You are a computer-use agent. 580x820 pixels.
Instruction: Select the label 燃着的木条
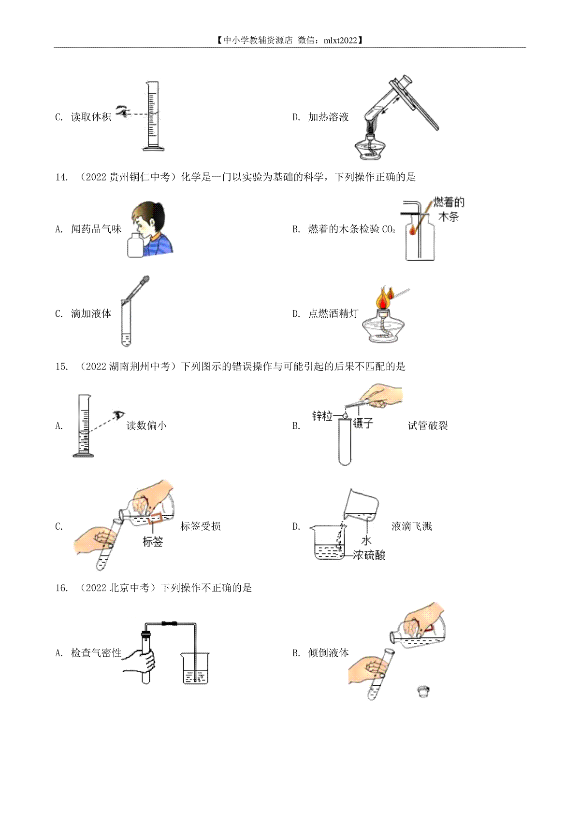coord(449,209)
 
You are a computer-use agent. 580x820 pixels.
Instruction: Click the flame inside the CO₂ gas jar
coord(413,229)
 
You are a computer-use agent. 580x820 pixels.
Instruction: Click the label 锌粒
coord(322,416)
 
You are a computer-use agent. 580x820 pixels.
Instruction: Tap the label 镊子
coord(363,423)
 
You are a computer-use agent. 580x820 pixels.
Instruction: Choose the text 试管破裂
coord(428,425)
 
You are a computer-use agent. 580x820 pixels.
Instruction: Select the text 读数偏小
coord(146,425)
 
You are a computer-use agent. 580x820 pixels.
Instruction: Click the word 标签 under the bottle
coord(153,541)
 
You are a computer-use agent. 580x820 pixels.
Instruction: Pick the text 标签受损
coord(201,526)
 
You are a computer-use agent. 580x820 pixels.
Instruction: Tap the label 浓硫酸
coord(369,555)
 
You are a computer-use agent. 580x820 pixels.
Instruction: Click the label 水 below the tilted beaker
coord(366,540)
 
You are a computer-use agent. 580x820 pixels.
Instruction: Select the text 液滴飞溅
coord(412,526)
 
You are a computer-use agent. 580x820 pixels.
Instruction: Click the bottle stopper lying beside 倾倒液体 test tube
coord(423,692)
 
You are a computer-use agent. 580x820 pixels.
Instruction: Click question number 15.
coord(61,367)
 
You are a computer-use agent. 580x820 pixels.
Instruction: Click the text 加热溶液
coord(328,117)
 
